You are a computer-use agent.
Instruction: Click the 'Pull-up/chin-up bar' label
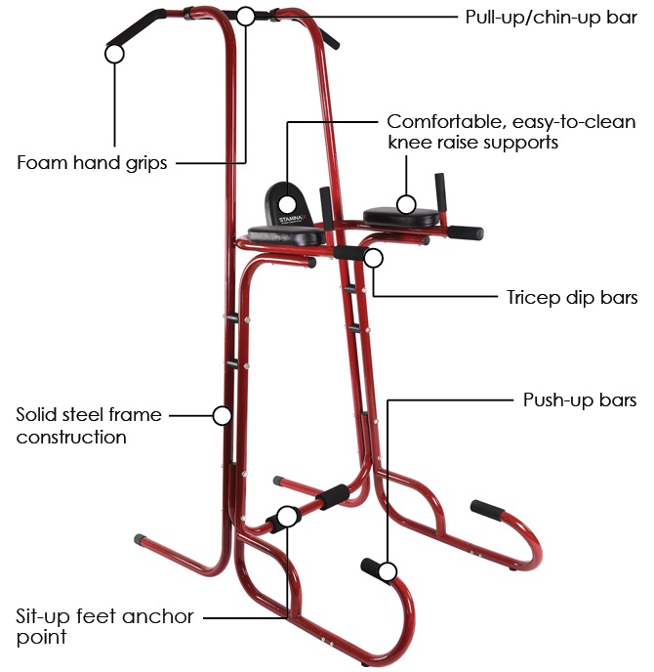click(x=552, y=18)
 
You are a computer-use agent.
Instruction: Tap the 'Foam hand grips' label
click(x=92, y=163)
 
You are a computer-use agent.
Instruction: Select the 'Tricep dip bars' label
click(x=572, y=298)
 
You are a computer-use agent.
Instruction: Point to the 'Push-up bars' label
click(x=580, y=400)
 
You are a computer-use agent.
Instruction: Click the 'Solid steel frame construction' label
click(x=89, y=426)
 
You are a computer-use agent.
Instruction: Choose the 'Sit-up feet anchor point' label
click(x=104, y=626)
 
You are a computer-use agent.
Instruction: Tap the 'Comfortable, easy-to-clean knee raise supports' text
click(x=511, y=132)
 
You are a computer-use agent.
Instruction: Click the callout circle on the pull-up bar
click(x=245, y=17)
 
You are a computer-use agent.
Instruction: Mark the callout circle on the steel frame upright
click(x=223, y=415)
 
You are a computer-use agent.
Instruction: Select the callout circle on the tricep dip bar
click(x=374, y=258)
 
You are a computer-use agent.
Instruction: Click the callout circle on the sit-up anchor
click(x=287, y=517)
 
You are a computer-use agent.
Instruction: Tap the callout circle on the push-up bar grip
click(x=388, y=572)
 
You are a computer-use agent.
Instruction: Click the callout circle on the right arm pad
click(x=406, y=204)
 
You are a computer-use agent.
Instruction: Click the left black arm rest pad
click(x=286, y=235)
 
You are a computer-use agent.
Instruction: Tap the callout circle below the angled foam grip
click(x=114, y=54)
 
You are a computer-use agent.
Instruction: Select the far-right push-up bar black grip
click(x=487, y=510)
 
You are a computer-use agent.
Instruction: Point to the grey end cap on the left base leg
click(x=140, y=539)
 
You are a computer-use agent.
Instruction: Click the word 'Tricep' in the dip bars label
click(x=533, y=298)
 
